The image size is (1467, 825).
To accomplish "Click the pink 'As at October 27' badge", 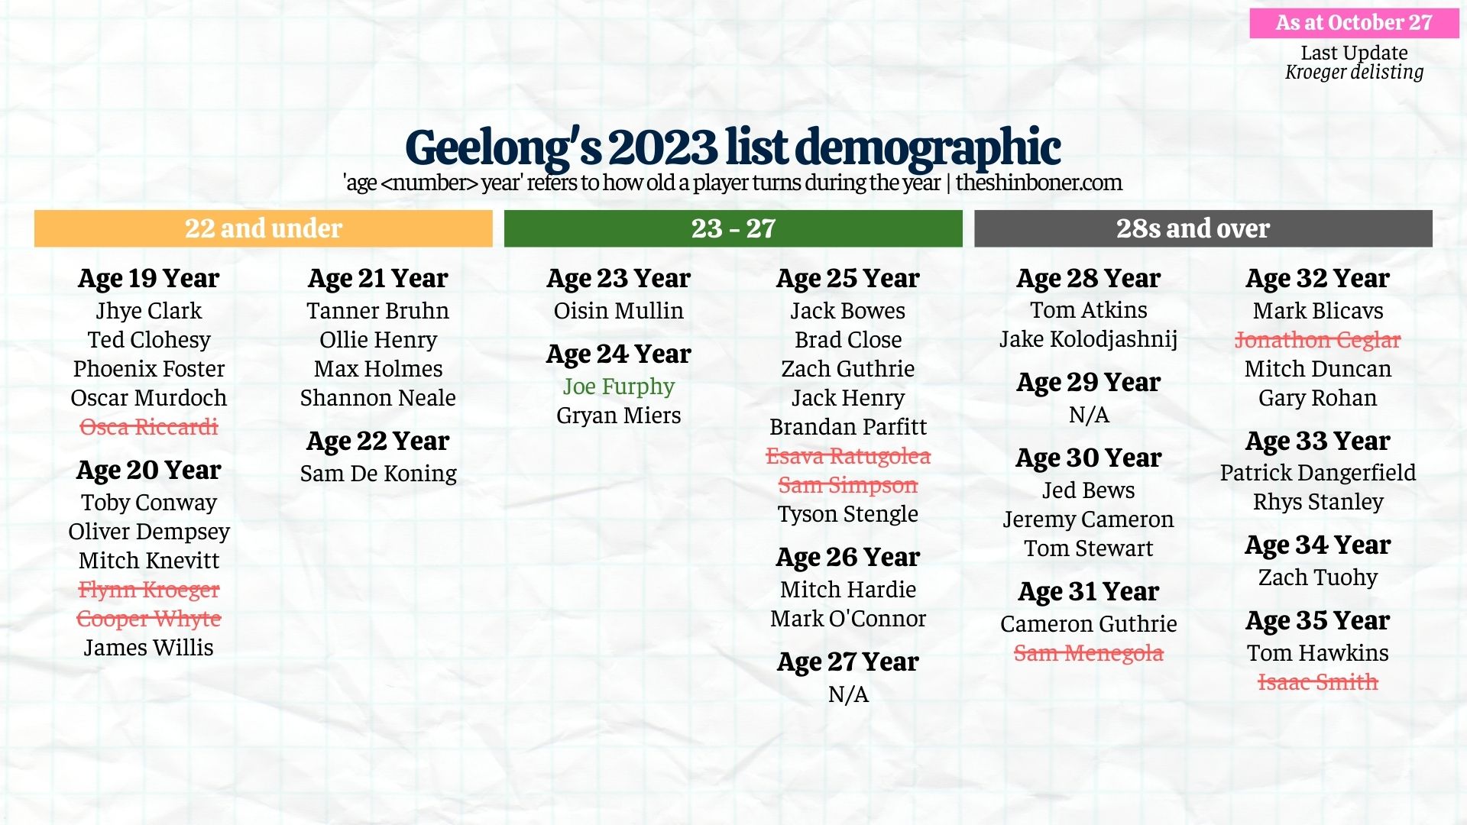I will pos(1354,23).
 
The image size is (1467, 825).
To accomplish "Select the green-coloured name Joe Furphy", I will pos(618,387).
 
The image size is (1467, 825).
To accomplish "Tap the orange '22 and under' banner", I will pos(263,228).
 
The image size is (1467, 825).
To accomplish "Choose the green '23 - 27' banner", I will pos(733,228).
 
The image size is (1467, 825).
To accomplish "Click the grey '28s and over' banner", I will pos(1203,228).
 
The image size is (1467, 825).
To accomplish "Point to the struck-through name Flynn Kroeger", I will pos(149,590).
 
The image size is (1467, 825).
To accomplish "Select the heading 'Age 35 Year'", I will pos(1317,621).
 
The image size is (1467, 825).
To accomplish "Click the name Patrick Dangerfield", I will pos(1317,473).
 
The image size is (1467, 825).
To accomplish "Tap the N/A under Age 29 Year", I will pos(1088,415).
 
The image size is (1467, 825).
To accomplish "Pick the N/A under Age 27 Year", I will pos(848,694).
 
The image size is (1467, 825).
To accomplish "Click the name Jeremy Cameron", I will pos(1088,519).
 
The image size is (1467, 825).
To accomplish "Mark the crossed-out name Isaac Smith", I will pos(1317,682).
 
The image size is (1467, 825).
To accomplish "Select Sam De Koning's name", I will pos(378,474).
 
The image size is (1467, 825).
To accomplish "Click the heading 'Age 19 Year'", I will pos(149,279).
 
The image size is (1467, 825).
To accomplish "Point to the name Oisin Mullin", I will pos(618,311).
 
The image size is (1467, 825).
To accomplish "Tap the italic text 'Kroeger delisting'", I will pos(1354,73).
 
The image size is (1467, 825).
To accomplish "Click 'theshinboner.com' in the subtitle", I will pos(1038,183).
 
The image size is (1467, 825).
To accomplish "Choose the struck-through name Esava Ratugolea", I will pos(848,456).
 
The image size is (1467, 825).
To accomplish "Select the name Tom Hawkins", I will pos(1317,653).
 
